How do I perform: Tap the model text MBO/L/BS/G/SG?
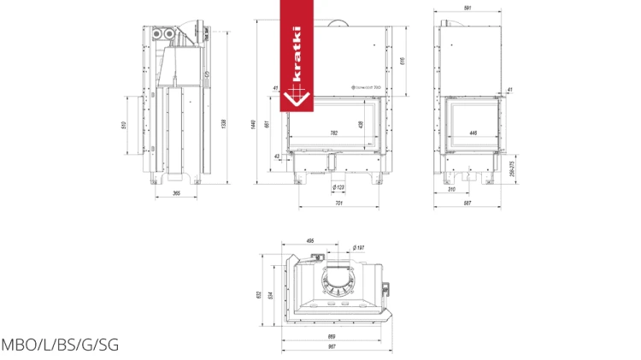(60, 345)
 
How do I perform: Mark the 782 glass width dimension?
(334, 133)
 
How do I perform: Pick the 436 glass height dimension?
(361, 124)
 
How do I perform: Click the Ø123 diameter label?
(338, 187)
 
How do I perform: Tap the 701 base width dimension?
(338, 204)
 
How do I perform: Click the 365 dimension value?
(176, 193)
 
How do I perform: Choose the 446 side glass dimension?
(473, 133)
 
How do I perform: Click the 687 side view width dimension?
(468, 204)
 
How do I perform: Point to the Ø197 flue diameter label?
(358, 248)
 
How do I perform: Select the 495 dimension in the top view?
(309, 240)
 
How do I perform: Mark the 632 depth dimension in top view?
(258, 295)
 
